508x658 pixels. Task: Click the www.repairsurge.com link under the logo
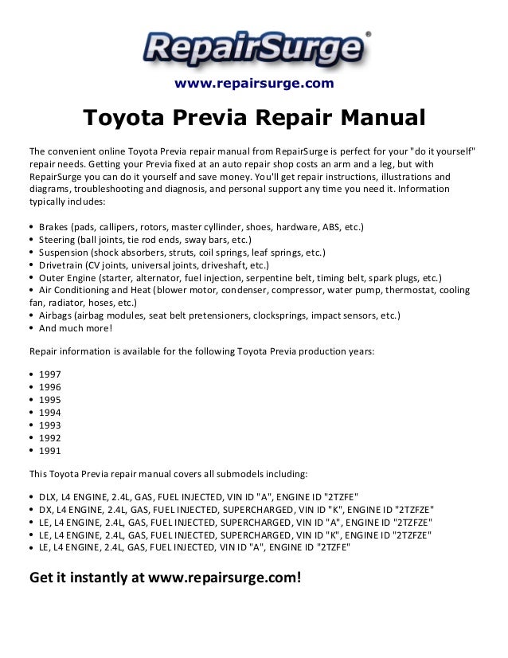(x=254, y=84)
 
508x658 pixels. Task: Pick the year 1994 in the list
(x=49, y=412)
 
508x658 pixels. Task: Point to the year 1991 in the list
(x=49, y=451)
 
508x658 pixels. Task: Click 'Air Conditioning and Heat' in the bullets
(x=97, y=291)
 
